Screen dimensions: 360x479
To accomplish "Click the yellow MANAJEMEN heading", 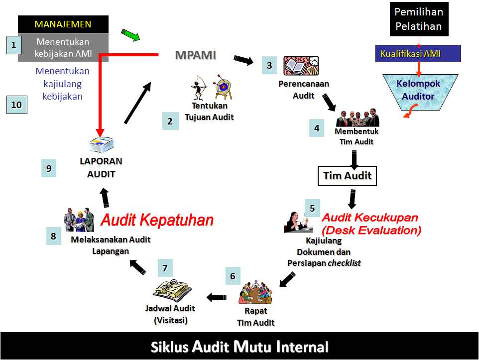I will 63,24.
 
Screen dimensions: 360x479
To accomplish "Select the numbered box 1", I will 14,46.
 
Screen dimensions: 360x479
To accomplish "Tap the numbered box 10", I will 16,105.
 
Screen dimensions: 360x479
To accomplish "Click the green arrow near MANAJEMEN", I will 131,35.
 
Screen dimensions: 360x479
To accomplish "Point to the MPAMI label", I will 196,55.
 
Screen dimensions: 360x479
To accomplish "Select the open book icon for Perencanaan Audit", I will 301,66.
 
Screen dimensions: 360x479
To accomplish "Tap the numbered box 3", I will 269,65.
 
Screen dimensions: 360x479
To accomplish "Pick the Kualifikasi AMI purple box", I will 418,53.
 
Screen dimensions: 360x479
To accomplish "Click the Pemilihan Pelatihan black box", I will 419,19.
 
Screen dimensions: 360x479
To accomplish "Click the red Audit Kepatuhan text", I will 157,220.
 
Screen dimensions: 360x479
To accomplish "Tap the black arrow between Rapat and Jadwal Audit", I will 216,297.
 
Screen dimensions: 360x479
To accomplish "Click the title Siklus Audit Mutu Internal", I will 239,347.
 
